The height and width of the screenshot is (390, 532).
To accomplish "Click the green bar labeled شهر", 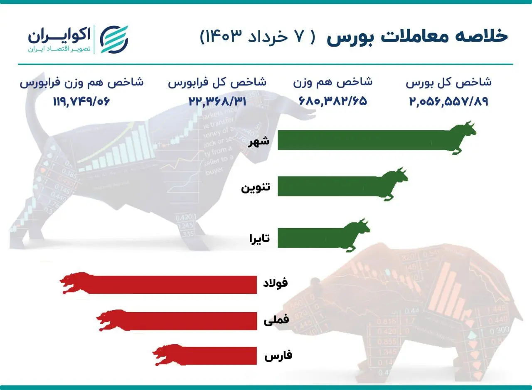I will coord(362,139).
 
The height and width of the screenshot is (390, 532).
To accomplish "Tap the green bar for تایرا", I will coord(310,238).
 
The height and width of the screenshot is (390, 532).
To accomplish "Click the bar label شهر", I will coord(259,142).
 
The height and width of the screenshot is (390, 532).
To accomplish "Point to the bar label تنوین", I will coord(256,187).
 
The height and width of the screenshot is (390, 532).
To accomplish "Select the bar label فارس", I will coord(278,356).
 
